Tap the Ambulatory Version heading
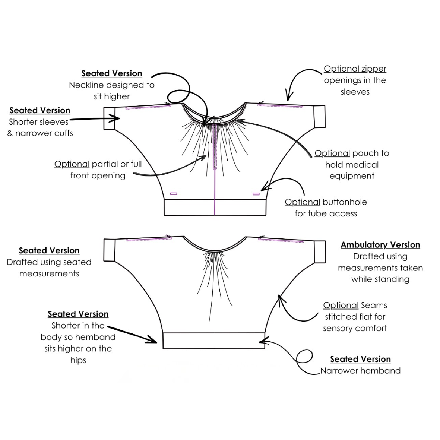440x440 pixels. (380, 245)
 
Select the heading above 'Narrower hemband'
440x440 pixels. (360, 359)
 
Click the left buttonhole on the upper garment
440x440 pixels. (174, 194)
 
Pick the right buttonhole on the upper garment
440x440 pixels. (256, 194)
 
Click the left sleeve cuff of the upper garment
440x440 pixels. (109, 118)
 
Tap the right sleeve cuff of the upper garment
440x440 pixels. (320, 117)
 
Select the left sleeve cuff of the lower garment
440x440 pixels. (109, 250)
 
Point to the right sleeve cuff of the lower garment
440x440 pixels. (320, 252)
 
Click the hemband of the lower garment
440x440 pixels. (214, 341)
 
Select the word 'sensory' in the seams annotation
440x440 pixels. (339, 328)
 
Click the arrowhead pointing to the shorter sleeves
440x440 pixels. (117, 118)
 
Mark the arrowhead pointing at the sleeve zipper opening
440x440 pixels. (288, 97)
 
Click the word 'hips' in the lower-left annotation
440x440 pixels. (78, 360)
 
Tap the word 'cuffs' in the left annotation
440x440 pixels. (63, 133)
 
